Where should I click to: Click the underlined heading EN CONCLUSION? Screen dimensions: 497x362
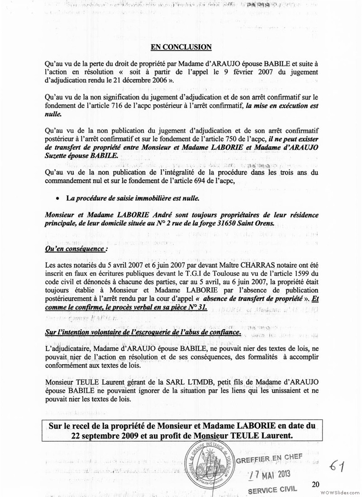click(181, 47)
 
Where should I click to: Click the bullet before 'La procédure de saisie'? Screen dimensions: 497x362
click(57, 198)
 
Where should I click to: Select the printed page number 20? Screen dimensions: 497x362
click(315, 484)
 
